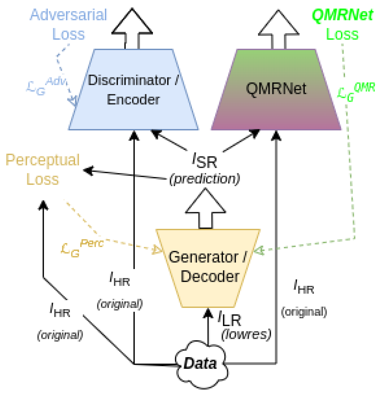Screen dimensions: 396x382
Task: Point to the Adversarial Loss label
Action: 68,24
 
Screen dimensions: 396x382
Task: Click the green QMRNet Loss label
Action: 342,24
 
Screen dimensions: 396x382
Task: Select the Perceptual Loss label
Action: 42,169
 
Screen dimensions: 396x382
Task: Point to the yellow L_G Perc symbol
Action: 82,248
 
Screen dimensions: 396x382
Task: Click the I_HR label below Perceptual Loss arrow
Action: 60,310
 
